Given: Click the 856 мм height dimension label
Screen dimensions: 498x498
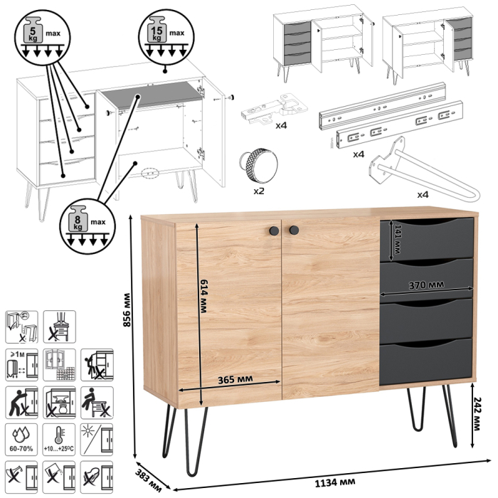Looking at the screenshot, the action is [127, 309].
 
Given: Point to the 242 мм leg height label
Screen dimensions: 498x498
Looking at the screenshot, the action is [477, 413].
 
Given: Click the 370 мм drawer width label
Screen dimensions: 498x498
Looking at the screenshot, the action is [426, 285].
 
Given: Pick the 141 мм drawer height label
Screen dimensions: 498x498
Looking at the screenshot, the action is [398, 239].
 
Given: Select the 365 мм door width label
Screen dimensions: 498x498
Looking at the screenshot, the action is [235, 379].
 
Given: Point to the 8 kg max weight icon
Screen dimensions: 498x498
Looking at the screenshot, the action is [88, 226].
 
